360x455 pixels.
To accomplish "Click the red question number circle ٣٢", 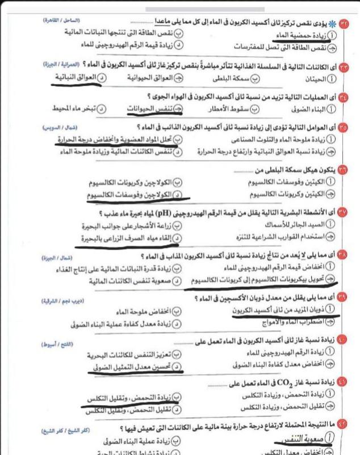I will [x=344, y=23].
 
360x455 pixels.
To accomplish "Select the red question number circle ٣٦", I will [x=344, y=170].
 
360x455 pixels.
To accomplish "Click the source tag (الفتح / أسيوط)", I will [x=59, y=343].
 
